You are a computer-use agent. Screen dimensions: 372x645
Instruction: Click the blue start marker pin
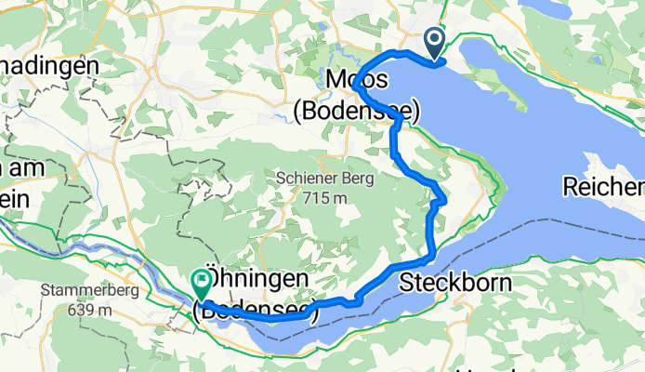434,42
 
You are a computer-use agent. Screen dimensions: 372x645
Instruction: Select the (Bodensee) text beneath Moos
356,111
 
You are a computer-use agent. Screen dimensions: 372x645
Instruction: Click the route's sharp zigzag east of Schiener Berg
441,197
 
